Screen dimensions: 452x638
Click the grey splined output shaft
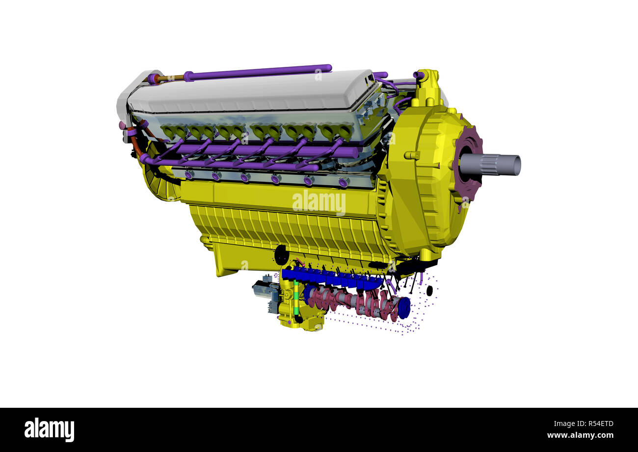coord(496,165)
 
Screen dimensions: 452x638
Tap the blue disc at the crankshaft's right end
coord(404,308)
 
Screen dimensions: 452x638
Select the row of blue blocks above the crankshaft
coord(331,278)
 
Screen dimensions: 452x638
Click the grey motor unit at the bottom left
coord(265,290)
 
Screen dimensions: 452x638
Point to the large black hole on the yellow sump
coord(281,255)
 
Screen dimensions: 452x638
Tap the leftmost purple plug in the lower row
coord(189,174)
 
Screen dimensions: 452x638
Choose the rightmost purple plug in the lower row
coord(343,183)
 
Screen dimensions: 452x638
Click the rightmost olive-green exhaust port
coord(345,131)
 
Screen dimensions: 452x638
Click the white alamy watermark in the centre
coord(319,202)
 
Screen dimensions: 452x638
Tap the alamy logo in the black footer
coord(49,430)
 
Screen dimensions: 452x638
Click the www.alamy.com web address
coord(580,435)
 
